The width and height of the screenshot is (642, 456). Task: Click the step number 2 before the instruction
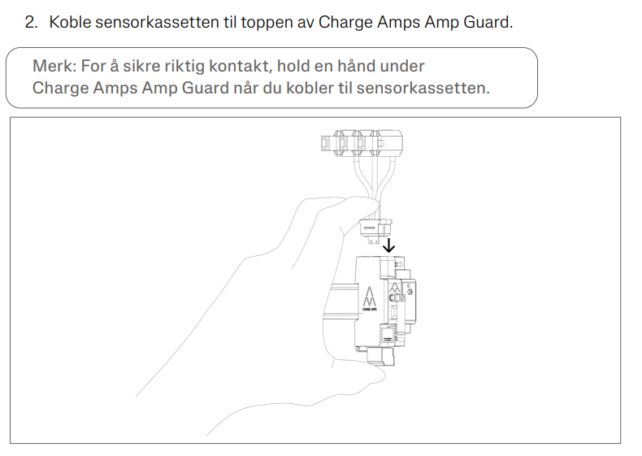31,22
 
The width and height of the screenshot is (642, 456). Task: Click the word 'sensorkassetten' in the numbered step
157,22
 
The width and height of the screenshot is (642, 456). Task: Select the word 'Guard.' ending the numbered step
488,22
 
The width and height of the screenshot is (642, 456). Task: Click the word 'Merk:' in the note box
54,66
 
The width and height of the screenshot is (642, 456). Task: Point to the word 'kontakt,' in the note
241,66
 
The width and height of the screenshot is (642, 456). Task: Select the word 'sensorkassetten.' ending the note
423,88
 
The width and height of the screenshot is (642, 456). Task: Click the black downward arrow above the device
388,245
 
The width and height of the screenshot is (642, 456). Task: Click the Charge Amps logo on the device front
369,299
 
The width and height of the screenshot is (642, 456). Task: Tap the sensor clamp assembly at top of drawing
362,143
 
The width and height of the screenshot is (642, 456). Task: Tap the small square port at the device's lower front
388,333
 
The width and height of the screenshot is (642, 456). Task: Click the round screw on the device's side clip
395,297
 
